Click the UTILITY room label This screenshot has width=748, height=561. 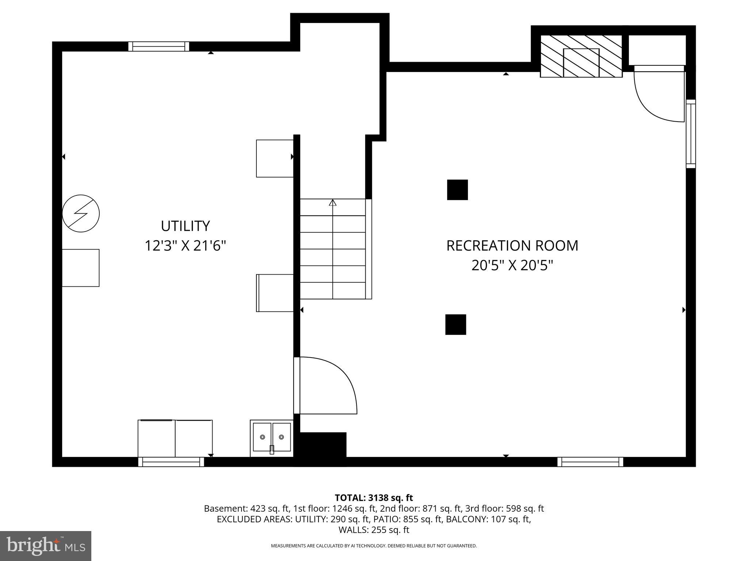click(x=185, y=226)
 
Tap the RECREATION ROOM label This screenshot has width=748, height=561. click(x=512, y=246)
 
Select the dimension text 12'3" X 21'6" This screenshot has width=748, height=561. click(x=185, y=245)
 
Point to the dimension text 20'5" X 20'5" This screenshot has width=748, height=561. click(x=512, y=266)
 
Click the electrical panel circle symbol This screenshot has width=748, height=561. click(x=81, y=213)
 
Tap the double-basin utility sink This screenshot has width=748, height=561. click(x=272, y=438)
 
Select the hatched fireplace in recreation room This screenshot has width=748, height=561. click(x=581, y=57)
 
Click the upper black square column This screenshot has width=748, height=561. click(x=457, y=190)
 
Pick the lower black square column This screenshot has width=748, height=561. click(x=455, y=324)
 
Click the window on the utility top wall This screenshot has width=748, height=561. click(x=159, y=46)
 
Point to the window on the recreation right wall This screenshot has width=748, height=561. click(x=691, y=134)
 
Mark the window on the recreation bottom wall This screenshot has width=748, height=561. click(x=590, y=462)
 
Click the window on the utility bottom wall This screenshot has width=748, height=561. click(x=171, y=462)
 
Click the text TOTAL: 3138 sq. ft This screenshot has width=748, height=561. click(x=374, y=498)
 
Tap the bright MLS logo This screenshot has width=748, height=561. click(x=46, y=546)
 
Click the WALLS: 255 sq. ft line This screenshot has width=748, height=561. click(x=374, y=530)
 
